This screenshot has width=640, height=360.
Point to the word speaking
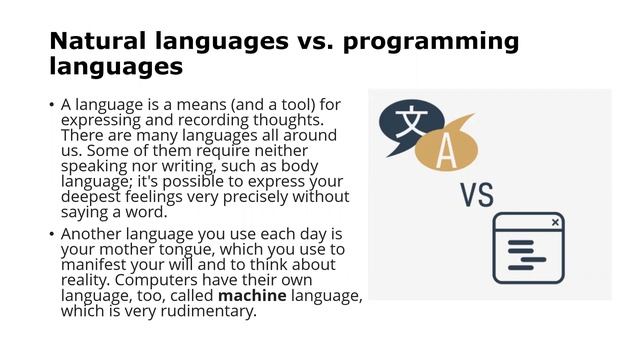point(94,166)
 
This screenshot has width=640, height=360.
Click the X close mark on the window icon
point(555,222)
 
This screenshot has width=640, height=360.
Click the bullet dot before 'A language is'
point(51,104)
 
